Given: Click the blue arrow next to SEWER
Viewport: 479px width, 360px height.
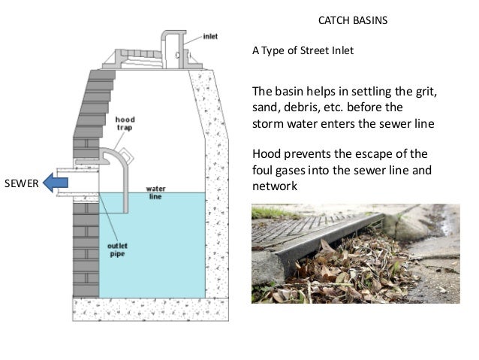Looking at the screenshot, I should tap(56, 181).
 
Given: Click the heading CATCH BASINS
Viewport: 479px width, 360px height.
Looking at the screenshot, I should tap(354, 20).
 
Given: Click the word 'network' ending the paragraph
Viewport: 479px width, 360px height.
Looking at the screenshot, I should tap(276, 186).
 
